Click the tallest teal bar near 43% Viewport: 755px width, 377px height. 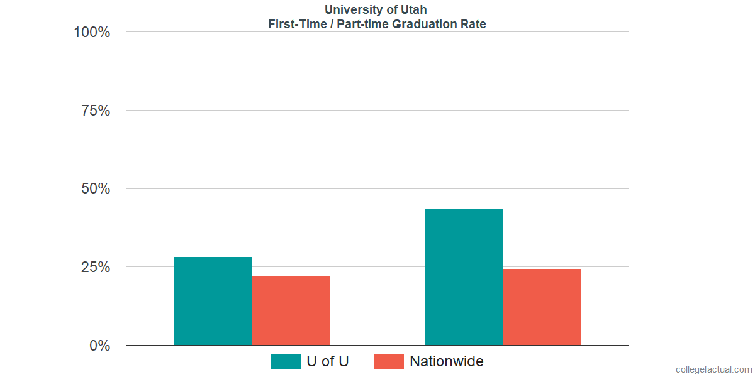pyautogui.click(x=464, y=277)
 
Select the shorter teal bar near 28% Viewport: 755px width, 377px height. pyautogui.click(x=213, y=301)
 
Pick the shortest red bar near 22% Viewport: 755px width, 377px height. pyautogui.click(x=291, y=310)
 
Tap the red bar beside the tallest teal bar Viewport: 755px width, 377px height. pyautogui.click(x=542, y=307)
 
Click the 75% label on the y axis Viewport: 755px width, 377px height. pyautogui.click(x=96, y=111)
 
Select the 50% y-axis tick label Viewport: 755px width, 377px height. pyautogui.click(x=96, y=189)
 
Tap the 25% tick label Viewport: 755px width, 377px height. pyautogui.click(x=96, y=267)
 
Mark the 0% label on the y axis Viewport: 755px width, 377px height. pyautogui.click(x=99, y=346)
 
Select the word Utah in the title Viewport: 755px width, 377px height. pyautogui.click(x=413, y=9)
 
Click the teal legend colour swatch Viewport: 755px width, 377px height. pyautogui.click(x=285, y=361)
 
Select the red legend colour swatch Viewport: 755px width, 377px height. pyautogui.click(x=388, y=361)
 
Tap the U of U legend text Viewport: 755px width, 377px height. pyautogui.click(x=327, y=361)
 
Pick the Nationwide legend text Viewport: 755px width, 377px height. pyautogui.click(x=447, y=361)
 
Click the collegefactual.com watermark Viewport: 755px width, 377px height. pyautogui.click(x=713, y=369)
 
